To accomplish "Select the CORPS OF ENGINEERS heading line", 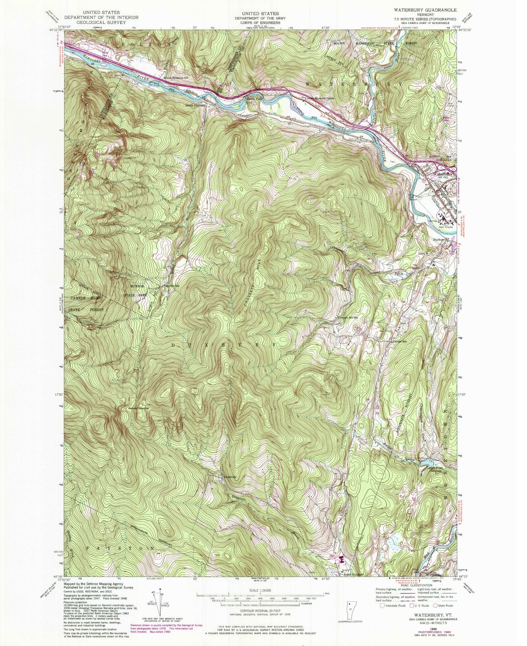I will [x=263, y=22].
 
